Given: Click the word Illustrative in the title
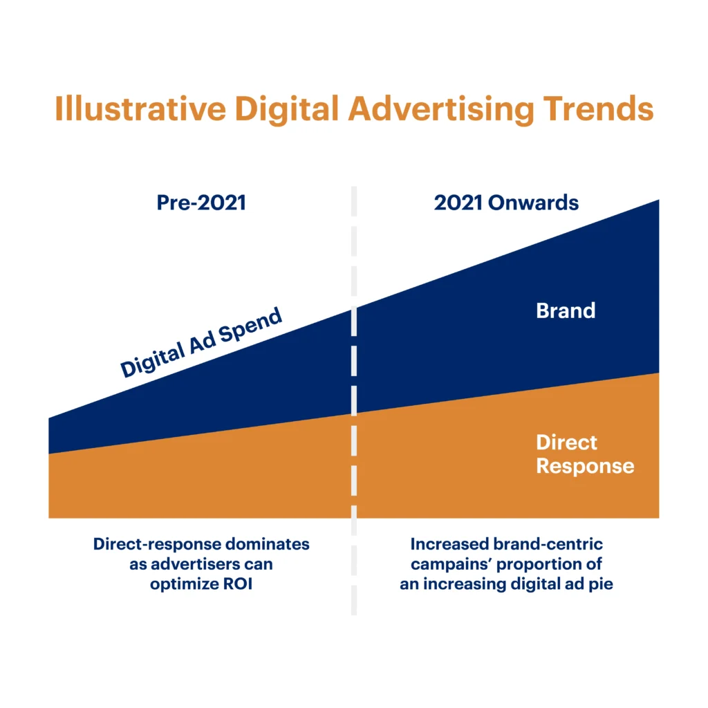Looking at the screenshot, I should (138, 110).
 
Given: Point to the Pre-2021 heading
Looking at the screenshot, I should (201, 203).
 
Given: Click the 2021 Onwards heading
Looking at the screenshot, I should (506, 203).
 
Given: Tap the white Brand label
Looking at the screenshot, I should (566, 310).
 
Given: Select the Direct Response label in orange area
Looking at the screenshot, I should (585, 454).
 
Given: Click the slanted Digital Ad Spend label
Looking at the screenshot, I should (201, 344).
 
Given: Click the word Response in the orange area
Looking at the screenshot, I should (585, 465).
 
